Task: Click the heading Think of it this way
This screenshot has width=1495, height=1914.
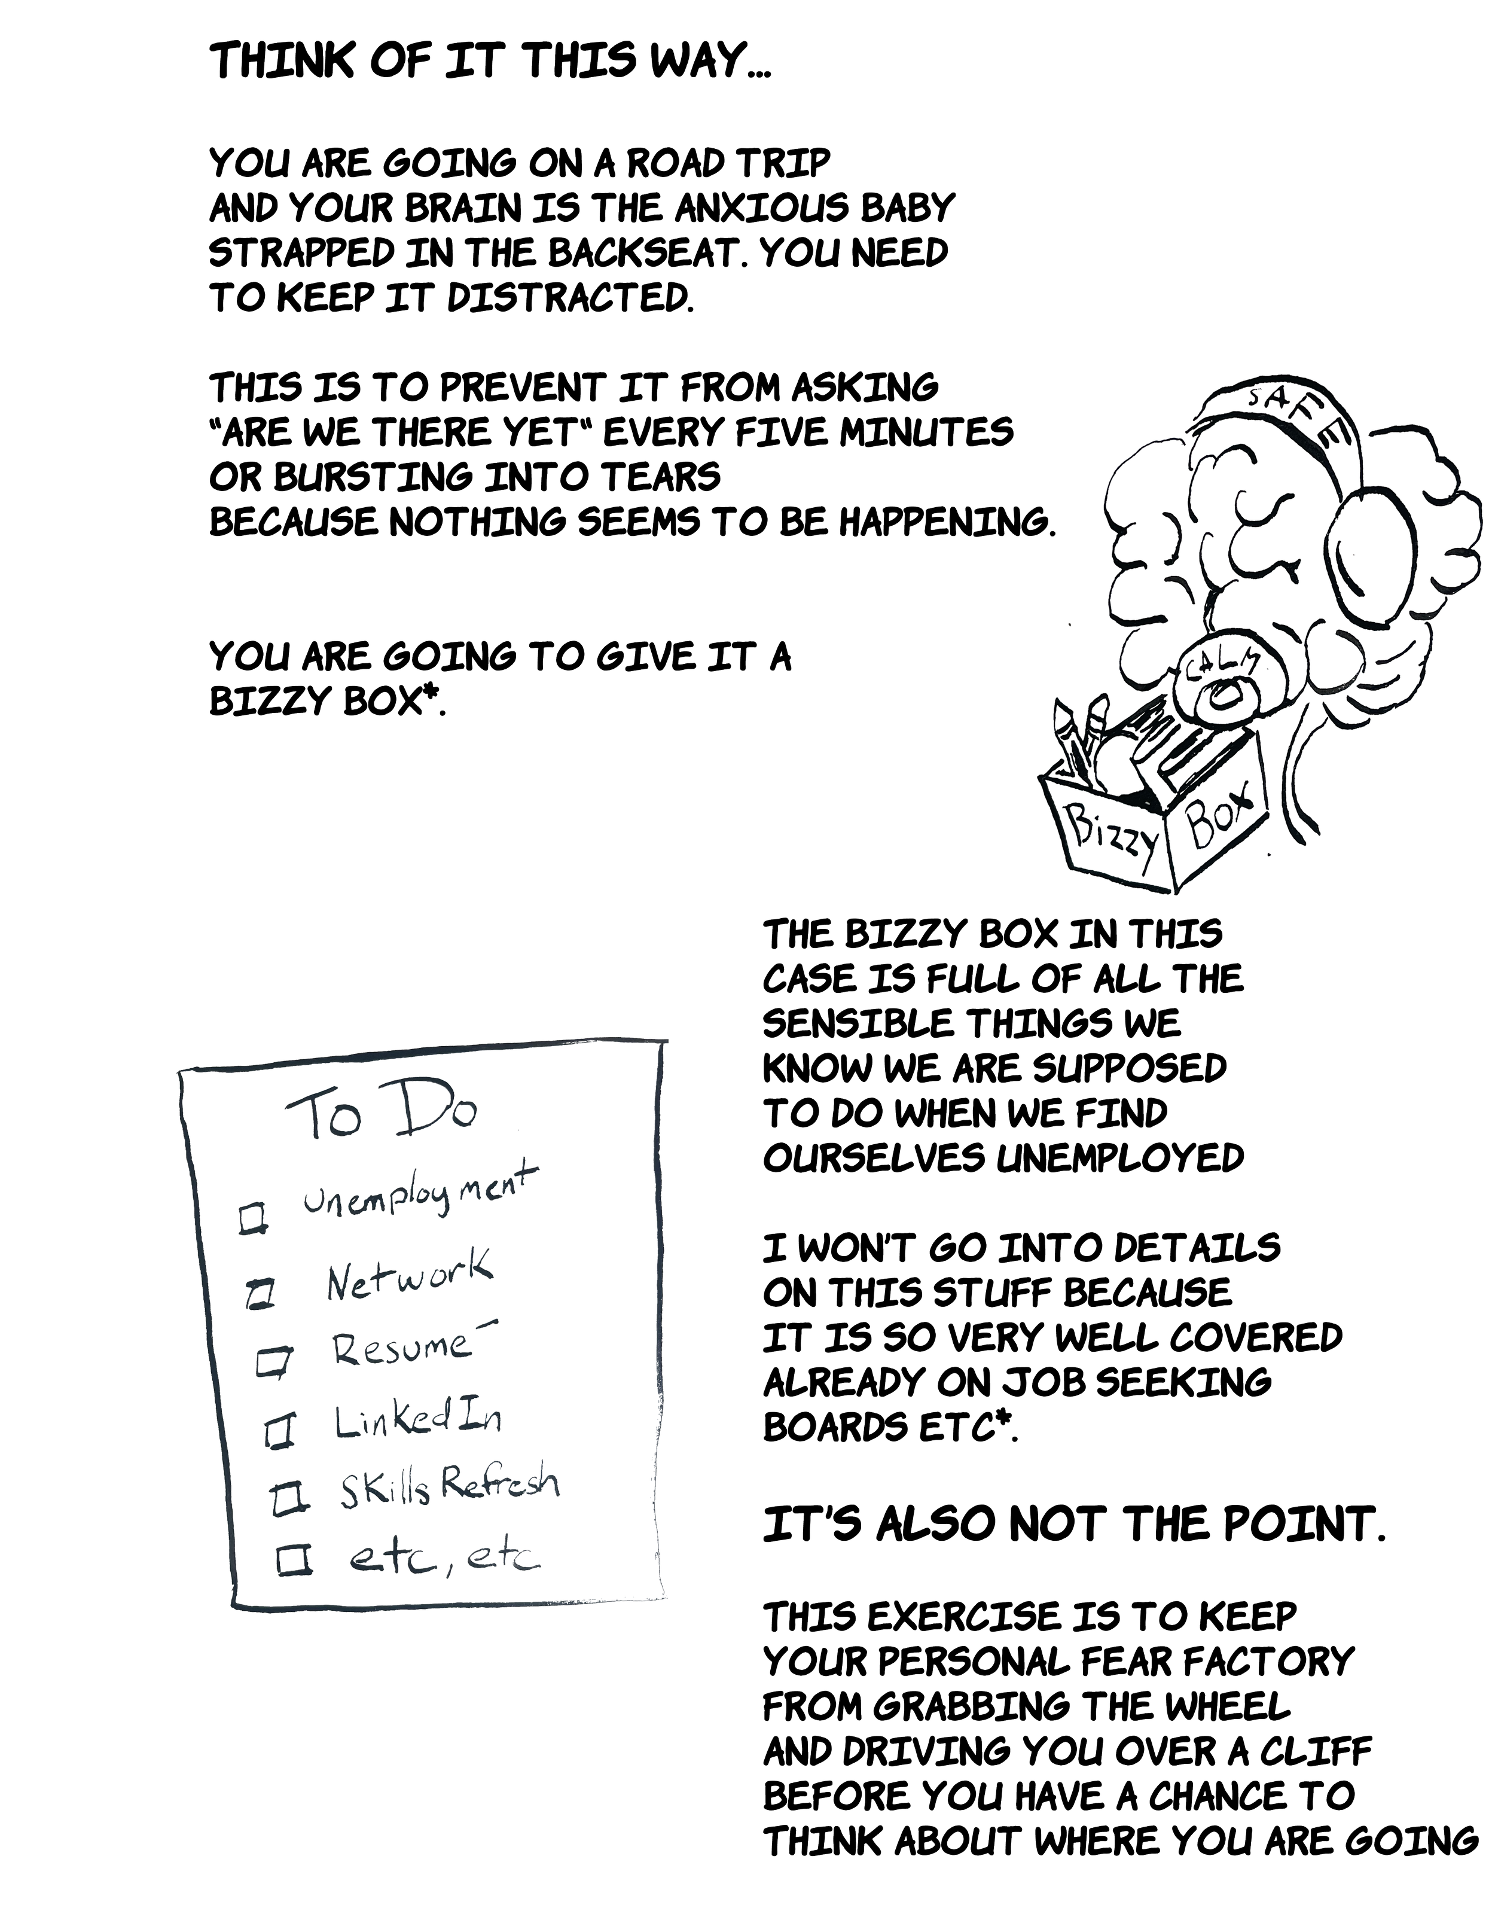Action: point(492,62)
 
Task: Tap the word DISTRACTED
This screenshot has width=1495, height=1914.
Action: point(570,299)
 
